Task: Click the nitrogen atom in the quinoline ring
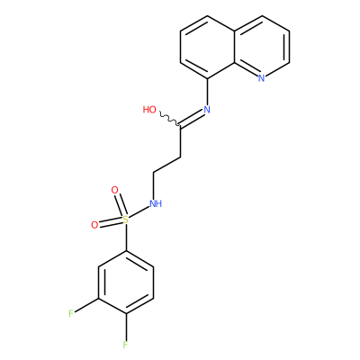pos(262,78)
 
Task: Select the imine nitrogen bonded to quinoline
pos(207,110)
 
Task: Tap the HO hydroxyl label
pos(149,110)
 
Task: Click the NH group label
pos(156,203)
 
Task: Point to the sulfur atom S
pos(126,220)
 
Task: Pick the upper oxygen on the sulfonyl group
pos(114,190)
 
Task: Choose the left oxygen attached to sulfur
pos(94,225)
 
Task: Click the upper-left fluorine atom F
pos(71,314)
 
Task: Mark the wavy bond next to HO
pos(169,119)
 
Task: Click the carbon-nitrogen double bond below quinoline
pos(192,118)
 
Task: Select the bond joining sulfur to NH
pos(139,212)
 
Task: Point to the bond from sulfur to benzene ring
pos(126,238)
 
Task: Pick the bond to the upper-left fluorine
pos(86,306)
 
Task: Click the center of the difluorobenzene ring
pos(126,283)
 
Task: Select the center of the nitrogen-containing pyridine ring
pos(262,47)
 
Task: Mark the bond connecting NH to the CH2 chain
pos(154,185)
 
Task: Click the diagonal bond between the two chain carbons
pos(167,165)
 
